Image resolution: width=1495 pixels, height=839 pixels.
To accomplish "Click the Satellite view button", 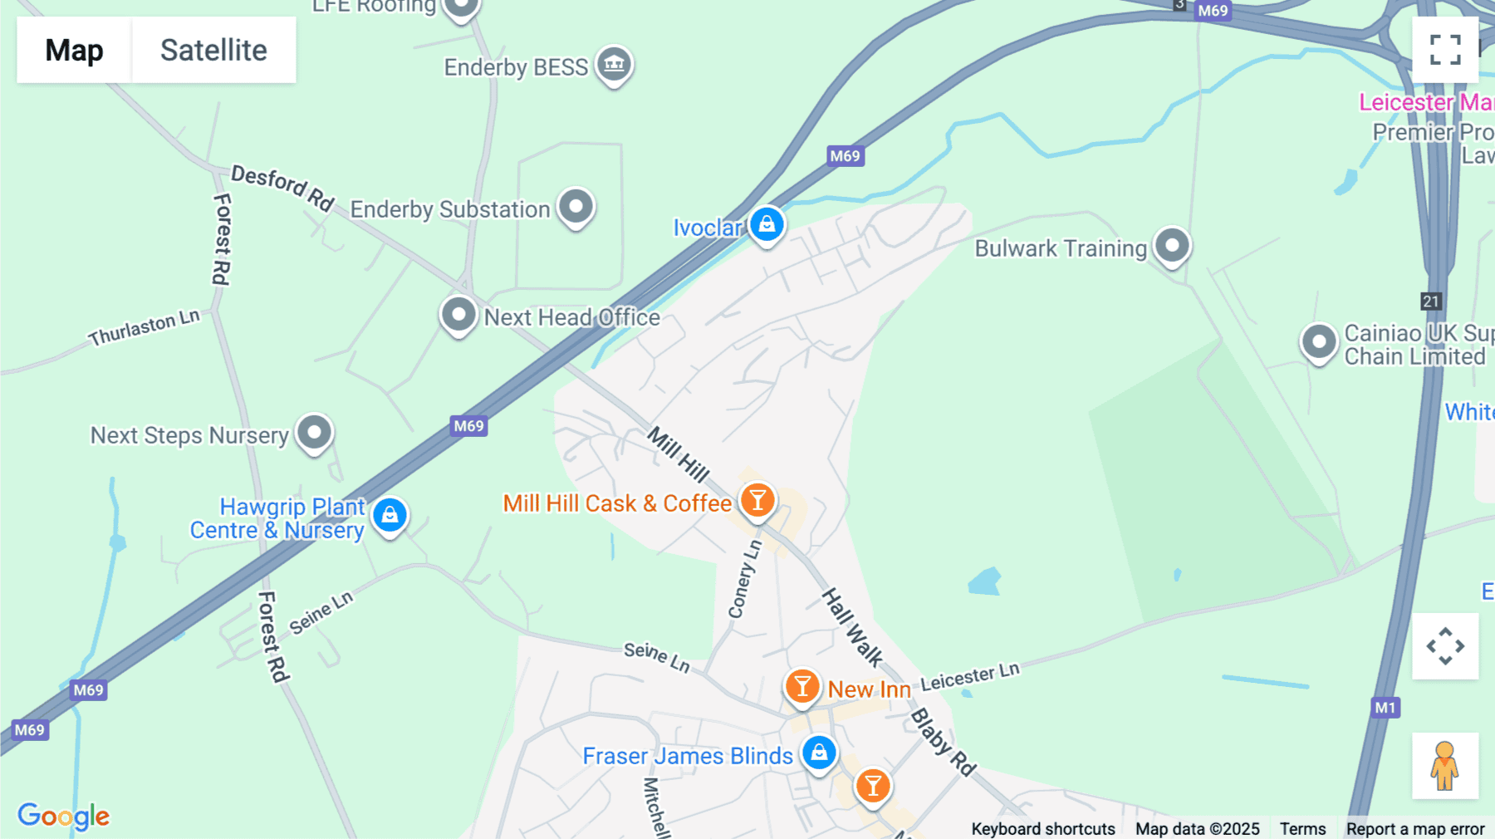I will click(x=213, y=50).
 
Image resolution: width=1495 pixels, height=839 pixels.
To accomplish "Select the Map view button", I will click(x=74, y=50).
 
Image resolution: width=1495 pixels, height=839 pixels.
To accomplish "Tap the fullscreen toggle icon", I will click(x=1445, y=50).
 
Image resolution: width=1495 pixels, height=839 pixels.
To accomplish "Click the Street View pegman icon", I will click(x=1445, y=765).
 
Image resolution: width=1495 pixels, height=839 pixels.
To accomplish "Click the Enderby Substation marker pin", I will click(x=576, y=206).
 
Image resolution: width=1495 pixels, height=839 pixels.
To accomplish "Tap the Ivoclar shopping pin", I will click(x=767, y=224).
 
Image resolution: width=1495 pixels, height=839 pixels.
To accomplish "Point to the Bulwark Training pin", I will click(x=1172, y=246).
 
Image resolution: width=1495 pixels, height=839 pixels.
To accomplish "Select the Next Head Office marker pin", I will click(x=458, y=315).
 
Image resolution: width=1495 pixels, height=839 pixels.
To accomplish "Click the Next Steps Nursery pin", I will click(x=315, y=433).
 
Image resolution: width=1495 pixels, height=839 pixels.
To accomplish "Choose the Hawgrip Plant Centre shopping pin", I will click(x=390, y=516).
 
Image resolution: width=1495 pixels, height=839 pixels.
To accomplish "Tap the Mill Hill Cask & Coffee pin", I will click(x=757, y=501).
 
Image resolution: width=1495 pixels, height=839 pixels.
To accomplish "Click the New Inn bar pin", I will click(x=802, y=687).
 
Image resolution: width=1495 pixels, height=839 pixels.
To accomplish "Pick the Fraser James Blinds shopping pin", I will click(x=819, y=753).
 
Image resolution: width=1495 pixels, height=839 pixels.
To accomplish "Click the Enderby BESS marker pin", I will click(x=614, y=64).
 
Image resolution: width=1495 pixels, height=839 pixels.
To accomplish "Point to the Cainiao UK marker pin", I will click(x=1319, y=342).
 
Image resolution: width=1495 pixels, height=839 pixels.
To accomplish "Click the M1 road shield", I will click(x=1385, y=708).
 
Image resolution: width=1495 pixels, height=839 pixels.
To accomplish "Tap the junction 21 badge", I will click(x=1430, y=302).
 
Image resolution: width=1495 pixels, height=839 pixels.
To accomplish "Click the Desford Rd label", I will click(x=282, y=189).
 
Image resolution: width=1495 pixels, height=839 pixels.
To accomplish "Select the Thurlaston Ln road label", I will click(x=145, y=327).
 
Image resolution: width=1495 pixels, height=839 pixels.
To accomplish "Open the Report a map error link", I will click(x=1415, y=829).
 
